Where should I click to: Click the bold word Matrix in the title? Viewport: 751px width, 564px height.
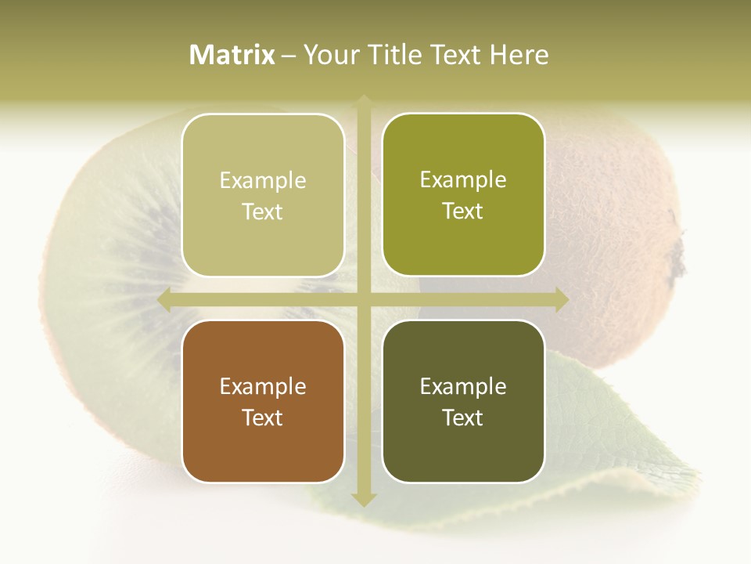pos(232,55)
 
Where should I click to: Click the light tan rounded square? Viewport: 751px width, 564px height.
pos(263,195)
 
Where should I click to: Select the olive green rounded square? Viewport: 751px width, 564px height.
pos(463,195)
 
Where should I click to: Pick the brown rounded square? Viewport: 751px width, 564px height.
pos(263,401)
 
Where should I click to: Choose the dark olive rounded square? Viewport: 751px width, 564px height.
pos(463,401)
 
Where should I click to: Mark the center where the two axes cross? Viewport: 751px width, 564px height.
pos(363,299)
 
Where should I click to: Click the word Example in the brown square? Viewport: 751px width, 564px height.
pos(263,386)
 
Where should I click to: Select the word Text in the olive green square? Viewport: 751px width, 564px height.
pos(463,211)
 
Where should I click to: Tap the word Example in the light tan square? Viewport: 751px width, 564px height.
pos(263,180)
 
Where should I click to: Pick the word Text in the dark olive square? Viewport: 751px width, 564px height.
pos(463,418)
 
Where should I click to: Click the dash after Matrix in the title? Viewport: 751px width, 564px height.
pos(289,56)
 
